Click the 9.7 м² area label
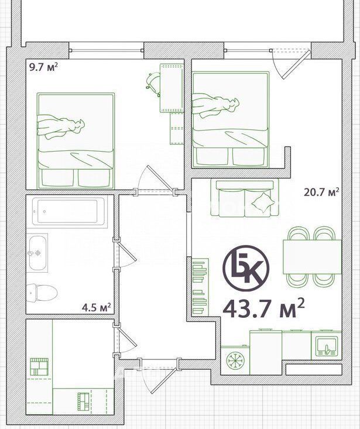pyautogui.click(x=43, y=67)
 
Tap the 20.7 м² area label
pyautogui.click(x=322, y=192)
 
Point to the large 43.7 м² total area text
pyautogui.click(x=264, y=308)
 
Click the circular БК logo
pyautogui.click(x=246, y=268)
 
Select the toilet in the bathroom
pyautogui.click(x=42, y=293)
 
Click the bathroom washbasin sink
pyautogui.click(x=37, y=253)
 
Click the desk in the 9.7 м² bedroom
pyautogui.click(x=172, y=88)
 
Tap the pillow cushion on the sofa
pyautogui.click(x=263, y=203)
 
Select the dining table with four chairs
pyautogui.click(x=312, y=256)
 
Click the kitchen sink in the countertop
pyautogui.click(x=327, y=346)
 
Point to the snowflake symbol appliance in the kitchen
pyautogui.click(x=235, y=360)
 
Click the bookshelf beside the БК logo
pyautogui.click(x=201, y=286)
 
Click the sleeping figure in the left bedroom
pyautogui.click(x=61, y=126)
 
